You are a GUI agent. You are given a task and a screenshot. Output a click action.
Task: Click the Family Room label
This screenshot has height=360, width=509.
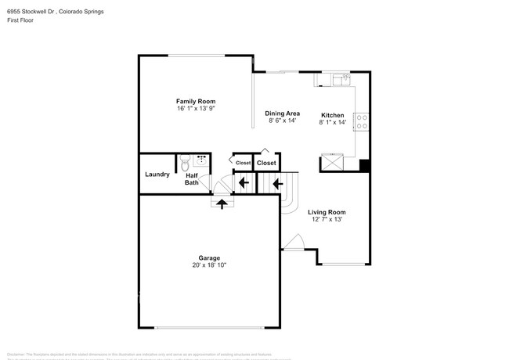coord(195,102)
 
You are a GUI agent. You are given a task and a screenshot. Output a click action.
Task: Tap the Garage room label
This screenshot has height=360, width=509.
coord(208,257)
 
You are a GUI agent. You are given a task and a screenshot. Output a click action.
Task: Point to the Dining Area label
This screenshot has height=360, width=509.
coord(282,113)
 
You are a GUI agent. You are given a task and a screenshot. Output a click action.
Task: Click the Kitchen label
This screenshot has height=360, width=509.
coord(332,115)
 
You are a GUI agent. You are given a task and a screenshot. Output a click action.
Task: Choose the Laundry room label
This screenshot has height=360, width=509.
coord(157,174)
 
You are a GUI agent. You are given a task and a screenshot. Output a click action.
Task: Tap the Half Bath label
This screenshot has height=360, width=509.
coord(192,178)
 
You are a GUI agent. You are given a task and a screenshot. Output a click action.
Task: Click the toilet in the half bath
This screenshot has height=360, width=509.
coord(185,164)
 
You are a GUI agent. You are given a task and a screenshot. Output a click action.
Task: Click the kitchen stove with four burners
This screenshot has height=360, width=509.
coord(362,121)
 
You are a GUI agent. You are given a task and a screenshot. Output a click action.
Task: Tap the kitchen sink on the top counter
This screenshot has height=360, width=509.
coord(340,78)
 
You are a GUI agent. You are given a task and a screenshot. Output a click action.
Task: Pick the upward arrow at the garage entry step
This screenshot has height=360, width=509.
coord(222,203)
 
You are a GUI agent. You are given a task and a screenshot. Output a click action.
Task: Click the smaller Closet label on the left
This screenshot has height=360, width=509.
coord(243,163)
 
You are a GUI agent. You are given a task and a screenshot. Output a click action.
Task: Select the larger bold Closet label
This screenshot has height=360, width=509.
coord(266,163)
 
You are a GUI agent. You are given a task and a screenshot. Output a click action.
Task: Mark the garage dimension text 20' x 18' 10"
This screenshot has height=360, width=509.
coord(208,265)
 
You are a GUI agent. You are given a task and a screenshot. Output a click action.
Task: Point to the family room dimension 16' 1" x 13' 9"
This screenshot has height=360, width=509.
coord(195,110)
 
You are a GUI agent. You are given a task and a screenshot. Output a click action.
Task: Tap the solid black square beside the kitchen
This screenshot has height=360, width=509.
coord(363,165)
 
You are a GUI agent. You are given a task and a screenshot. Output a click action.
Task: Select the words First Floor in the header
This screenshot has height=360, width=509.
coord(20,22)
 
